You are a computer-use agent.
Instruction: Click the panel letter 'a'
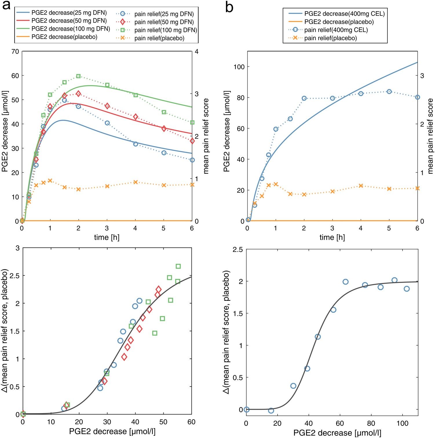(6, 6)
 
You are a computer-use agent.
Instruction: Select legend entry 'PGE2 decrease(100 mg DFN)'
(71, 29)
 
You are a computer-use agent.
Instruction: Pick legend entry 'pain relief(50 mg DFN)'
(164, 22)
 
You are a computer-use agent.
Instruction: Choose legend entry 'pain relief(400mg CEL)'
(336, 30)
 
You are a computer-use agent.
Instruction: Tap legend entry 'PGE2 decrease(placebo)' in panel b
(339, 22)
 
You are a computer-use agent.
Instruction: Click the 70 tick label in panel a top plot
(15, 51)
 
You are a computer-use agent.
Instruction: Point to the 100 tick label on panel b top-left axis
(239, 67)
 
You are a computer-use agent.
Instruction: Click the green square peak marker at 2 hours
(78, 76)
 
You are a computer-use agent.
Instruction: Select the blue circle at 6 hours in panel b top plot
(417, 97)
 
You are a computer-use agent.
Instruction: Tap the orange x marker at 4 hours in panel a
(135, 182)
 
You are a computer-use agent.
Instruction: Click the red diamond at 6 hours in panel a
(192, 141)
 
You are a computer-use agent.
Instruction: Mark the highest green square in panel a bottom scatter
(178, 266)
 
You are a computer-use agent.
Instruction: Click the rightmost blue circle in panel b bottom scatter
(407, 289)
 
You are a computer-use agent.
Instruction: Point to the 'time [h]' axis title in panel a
(107, 238)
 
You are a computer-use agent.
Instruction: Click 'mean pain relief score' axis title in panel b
(430, 136)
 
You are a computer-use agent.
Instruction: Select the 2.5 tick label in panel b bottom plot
(237, 249)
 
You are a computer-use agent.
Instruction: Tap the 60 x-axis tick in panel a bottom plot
(191, 422)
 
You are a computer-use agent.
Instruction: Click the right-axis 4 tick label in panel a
(197, 51)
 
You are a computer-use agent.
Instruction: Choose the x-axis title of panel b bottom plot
(337, 433)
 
